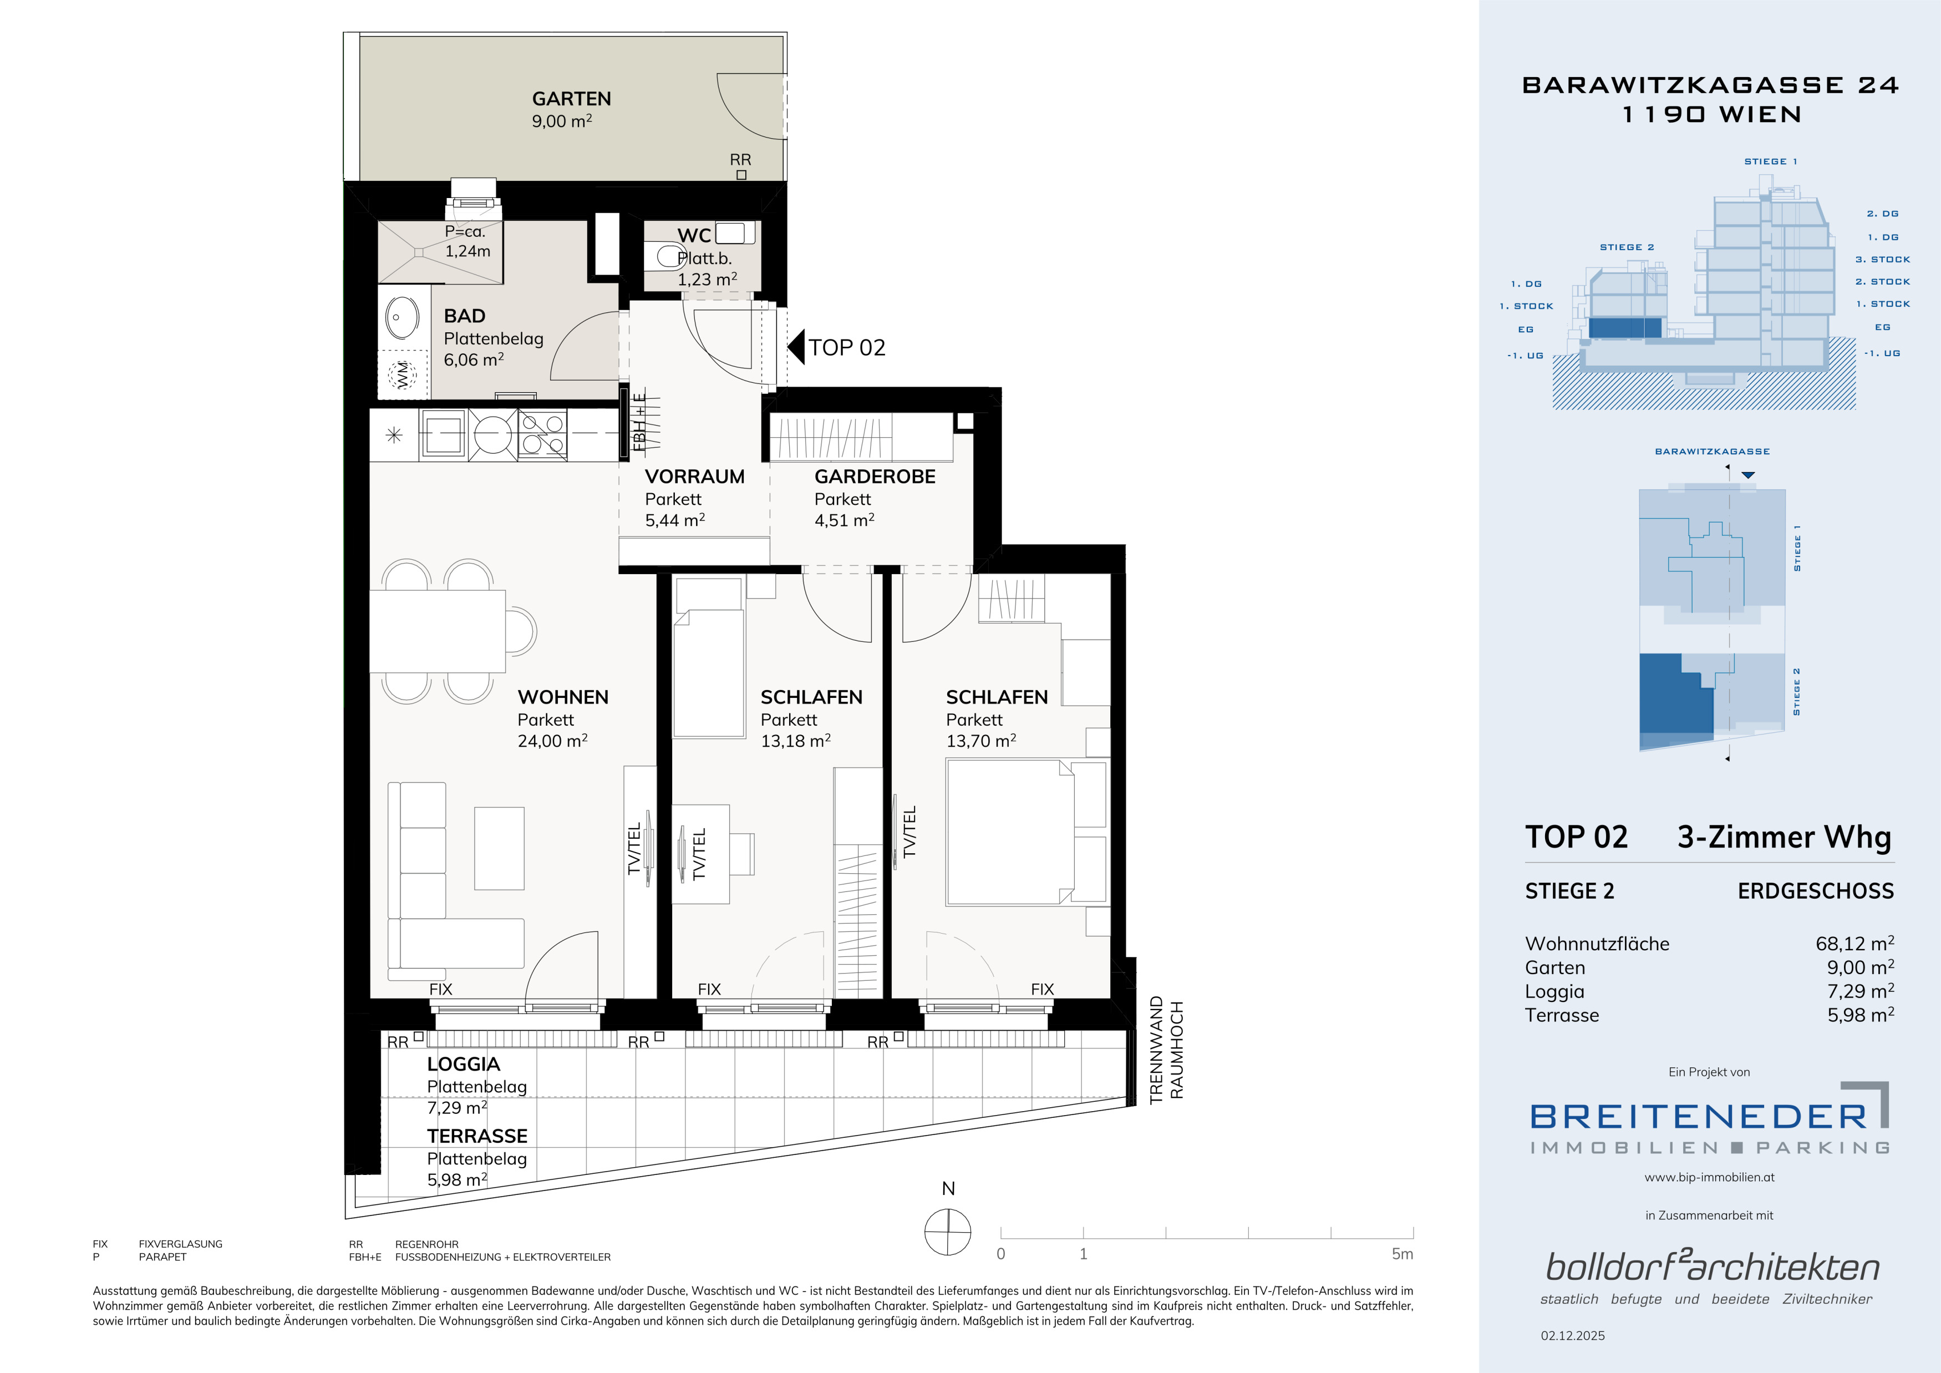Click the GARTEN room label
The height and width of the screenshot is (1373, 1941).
tap(571, 99)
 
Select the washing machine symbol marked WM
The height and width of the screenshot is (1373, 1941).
tap(403, 374)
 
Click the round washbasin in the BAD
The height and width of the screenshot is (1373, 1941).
tap(403, 319)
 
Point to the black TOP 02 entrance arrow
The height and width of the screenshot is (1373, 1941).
tap(795, 347)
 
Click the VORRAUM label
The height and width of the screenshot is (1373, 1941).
tap(695, 477)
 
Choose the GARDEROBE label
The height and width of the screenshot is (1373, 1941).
tap(875, 477)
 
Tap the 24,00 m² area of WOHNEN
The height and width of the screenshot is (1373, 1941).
tap(552, 741)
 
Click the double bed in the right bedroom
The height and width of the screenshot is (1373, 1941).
tap(1025, 832)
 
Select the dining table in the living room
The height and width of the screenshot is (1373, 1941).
tap(438, 631)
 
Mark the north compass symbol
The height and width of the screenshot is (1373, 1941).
tap(948, 1232)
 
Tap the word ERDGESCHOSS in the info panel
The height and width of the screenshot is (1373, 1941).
tap(1816, 891)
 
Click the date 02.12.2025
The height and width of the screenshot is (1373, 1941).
tap(1572, 1336)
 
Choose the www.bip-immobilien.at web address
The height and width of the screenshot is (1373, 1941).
tap(1709, 1177)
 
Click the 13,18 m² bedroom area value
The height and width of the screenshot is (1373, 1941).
tap(795, 741)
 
